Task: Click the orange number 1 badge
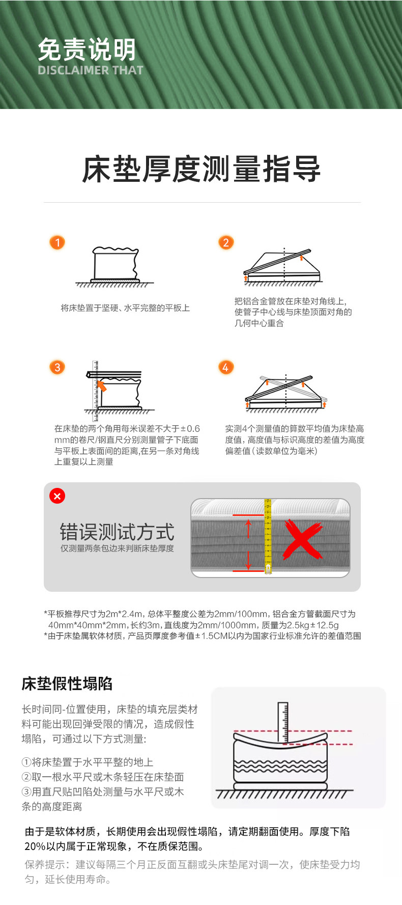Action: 57,242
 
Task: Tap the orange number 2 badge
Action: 226,242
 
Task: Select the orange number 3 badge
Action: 57,367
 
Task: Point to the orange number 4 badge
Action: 226,367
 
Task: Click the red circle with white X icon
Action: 57,496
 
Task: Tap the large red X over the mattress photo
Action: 302,539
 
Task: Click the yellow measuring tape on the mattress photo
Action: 268,536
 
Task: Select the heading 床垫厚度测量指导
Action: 202,170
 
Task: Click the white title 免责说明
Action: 87,49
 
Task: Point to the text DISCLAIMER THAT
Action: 91,70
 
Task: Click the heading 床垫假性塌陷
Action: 67,683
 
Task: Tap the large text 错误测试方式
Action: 117,532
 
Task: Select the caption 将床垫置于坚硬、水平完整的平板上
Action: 125,308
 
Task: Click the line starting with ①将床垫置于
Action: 88,762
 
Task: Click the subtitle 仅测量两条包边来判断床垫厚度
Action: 117,549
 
